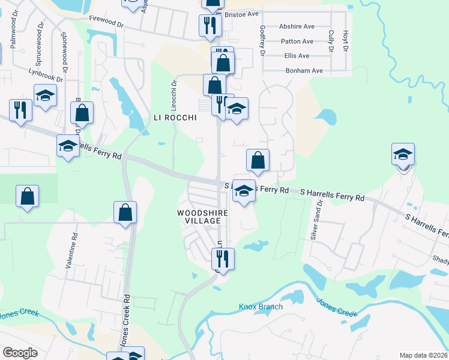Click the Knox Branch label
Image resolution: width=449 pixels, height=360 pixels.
click(261, 307)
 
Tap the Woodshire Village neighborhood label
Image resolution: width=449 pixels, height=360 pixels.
click(199, 217)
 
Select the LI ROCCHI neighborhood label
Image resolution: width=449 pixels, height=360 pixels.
click(175, 118)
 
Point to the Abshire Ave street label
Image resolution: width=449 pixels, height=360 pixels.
click(298, 27)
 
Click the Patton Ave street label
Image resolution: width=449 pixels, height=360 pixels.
click(297, 41)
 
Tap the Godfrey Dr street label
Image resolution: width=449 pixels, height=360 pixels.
click(262, 41)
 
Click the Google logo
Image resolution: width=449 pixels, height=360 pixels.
click(20, 353)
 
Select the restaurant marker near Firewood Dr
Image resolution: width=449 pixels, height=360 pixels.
click(210, 25)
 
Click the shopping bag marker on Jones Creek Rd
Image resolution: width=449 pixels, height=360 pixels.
click(125, 212)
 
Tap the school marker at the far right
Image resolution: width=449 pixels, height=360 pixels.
click(403, 155)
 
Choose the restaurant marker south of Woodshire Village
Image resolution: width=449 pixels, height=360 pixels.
click(223, 259)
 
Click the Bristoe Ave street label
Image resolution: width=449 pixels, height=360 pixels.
click(241, 13)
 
